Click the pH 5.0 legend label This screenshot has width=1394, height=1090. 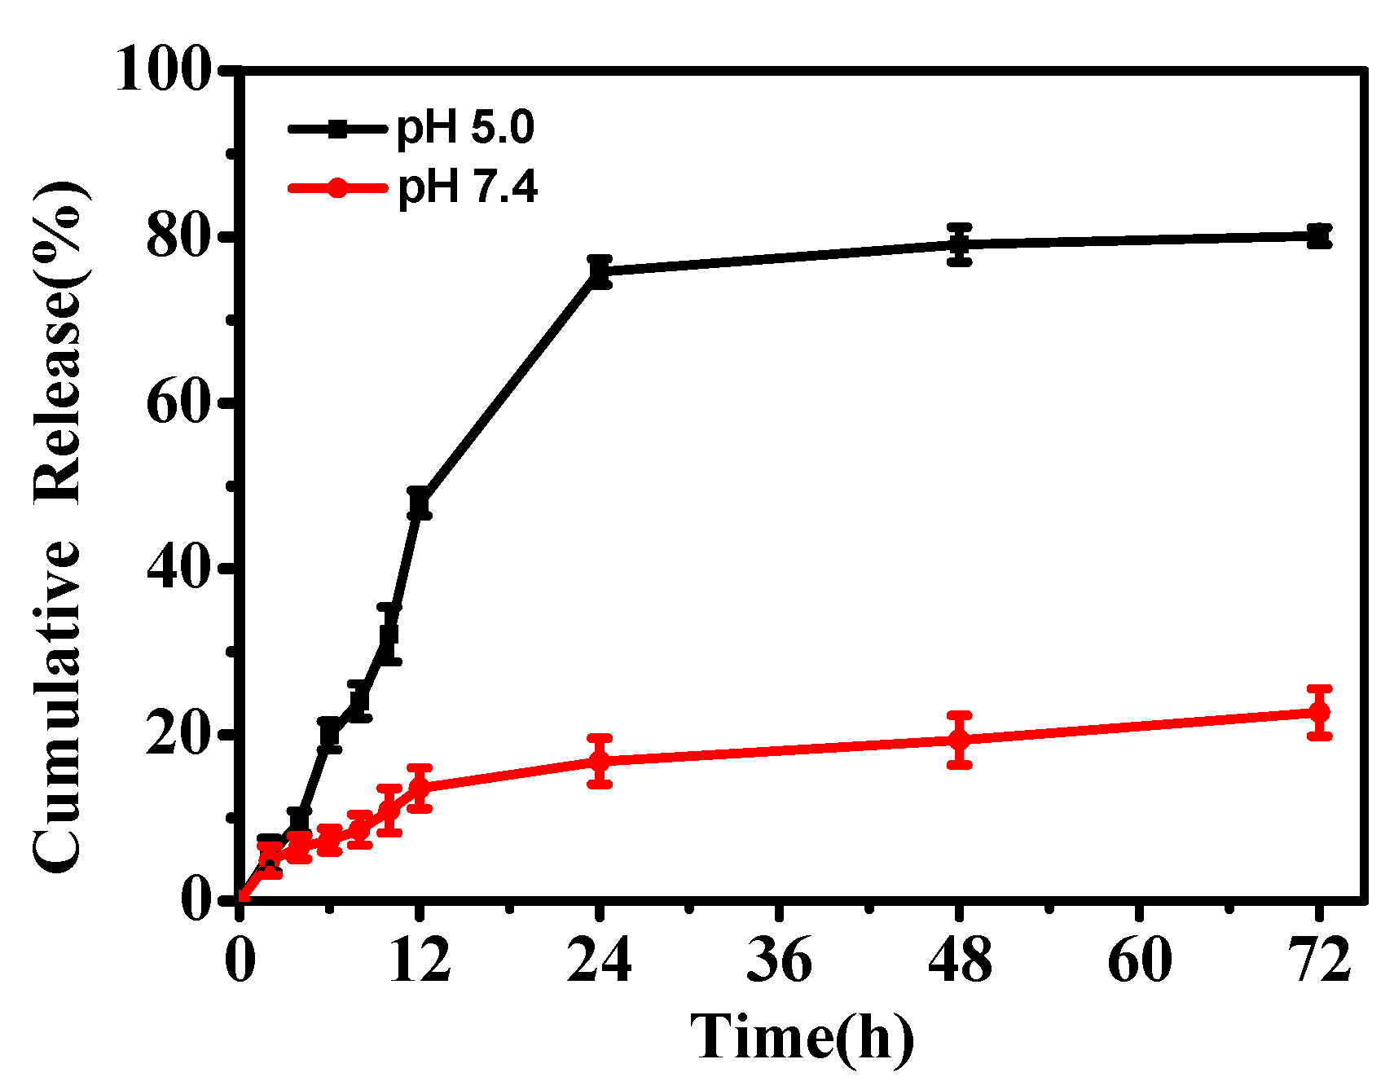(465, 129)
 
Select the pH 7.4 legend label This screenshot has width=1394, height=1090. (468, 188)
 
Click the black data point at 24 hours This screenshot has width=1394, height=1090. (600, 271)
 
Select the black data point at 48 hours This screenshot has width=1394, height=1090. (960, 244)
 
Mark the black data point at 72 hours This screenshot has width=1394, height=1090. (1319, 236)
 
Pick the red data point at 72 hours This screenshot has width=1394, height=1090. (1319, 712)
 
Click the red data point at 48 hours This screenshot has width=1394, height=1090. (960, 740)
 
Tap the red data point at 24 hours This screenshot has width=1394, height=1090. (600, 761)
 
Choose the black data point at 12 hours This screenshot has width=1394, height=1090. (420, 503)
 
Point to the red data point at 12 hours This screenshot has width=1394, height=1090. (420, 788)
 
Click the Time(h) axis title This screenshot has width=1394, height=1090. (803, 1037)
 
